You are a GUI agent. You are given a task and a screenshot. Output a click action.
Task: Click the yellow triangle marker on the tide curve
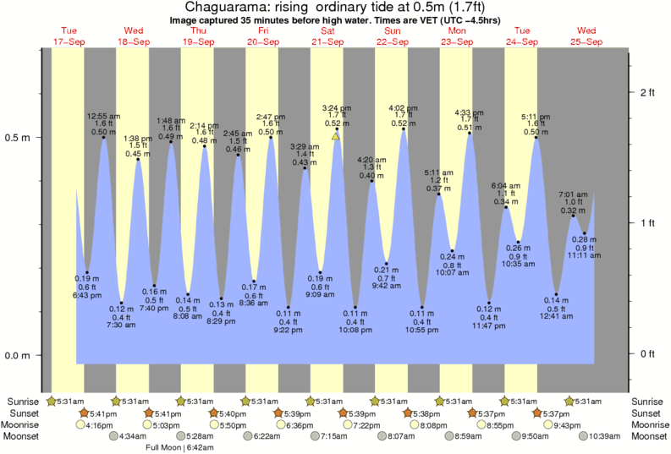pos(336,135)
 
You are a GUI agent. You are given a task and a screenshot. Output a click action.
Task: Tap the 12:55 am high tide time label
pos(104,116)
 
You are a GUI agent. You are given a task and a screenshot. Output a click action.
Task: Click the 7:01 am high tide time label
pos(573,194)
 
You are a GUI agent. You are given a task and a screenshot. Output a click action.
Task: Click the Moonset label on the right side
pos(648,436)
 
